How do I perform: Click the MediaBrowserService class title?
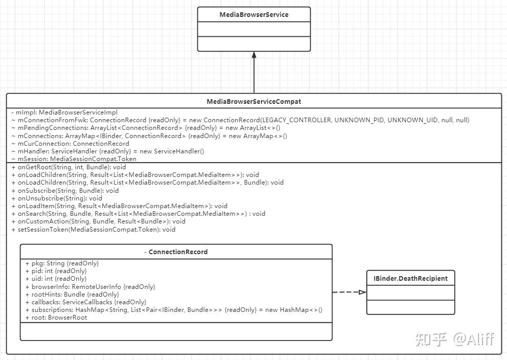pos(253,15)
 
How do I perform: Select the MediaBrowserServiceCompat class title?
pos(253,101)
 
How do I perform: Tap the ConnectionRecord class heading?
pos(176,252)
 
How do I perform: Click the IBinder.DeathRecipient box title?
pos(410,278)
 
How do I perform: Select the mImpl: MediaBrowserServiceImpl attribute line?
pos(64,112)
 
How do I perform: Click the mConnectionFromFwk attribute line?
pos(240,120)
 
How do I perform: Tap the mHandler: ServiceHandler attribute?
pos(107,151)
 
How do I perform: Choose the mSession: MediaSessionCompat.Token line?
pos(74,159)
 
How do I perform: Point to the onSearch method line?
pos(138,214)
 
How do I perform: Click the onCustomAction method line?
pos(98,221)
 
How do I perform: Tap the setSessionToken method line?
pos(93,230)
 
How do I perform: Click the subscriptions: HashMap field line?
pos(174,310)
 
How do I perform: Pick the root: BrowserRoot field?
pos(56,318)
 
